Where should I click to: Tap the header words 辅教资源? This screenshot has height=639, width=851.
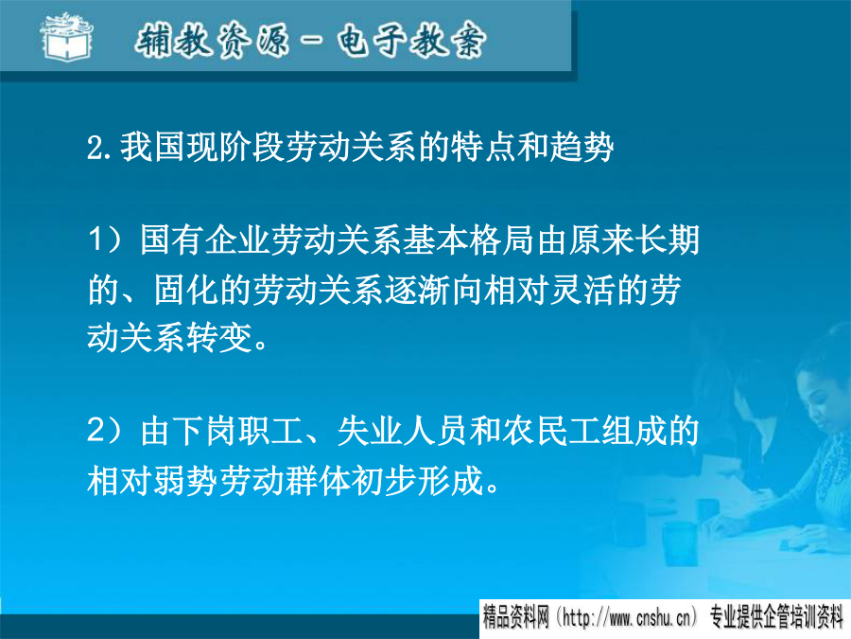pos(212,40)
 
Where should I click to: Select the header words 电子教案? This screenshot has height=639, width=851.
pos(411,40)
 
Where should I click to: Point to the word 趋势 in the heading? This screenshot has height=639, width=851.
pos(582,147)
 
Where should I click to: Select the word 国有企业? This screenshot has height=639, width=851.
pos(204,240)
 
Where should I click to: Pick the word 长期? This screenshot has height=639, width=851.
pos(667,240)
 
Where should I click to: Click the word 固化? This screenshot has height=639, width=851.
pos(186,289)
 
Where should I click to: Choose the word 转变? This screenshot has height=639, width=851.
pos(218,337)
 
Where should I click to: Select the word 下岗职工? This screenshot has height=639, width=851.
pos(237,431)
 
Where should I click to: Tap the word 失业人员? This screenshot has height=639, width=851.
pos(402,431)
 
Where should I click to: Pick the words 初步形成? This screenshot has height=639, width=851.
pos(417,480)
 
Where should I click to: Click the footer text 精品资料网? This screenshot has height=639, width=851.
pos(516,618)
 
